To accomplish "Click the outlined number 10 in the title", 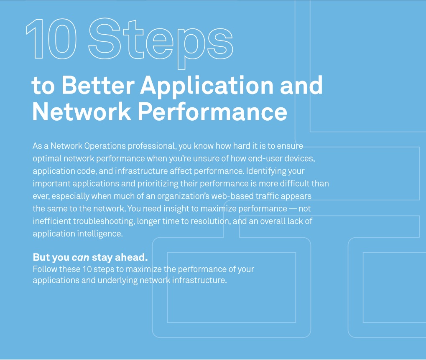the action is [x=51, y=39].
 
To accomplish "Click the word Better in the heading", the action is [x=98, y=85].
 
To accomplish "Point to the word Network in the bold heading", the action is [x=82, y=112].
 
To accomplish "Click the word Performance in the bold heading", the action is [x=212, y=112].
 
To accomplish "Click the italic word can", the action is [x=80, y=257].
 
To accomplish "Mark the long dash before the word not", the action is [x=293, y=209].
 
